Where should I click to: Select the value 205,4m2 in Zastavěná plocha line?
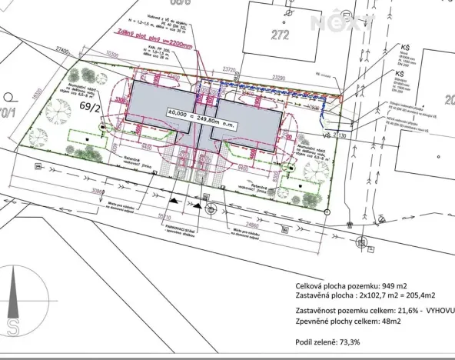click(x=419, y=295)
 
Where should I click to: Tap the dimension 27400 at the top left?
click(x=63, y=50)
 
